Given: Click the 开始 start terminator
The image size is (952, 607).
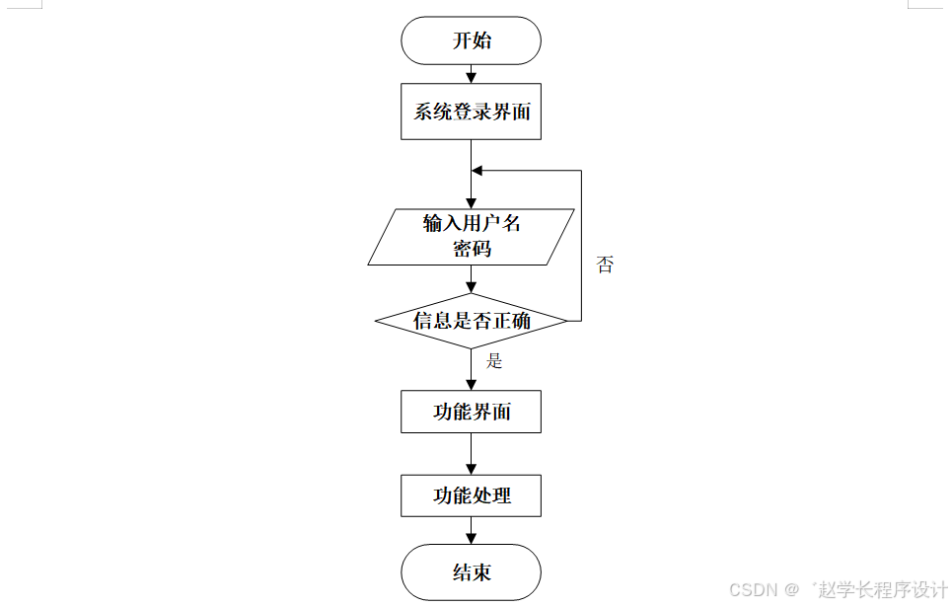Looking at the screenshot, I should (x=471, y=41).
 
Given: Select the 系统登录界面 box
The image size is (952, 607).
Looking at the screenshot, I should (x=471, y=112).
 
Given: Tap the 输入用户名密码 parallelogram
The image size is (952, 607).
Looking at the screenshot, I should (x=471, y=237).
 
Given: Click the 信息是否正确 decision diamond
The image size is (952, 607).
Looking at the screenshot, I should (x=471, y=321).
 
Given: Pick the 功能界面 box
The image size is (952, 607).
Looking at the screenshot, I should (x=471, y=412).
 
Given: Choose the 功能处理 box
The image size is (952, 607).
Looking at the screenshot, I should (x=471, y=495).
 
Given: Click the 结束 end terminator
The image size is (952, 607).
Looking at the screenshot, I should (x=471, y=572).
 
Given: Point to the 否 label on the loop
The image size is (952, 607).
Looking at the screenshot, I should (x=605, y=265).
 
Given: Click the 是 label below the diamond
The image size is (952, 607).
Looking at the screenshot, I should (x=494, y=361).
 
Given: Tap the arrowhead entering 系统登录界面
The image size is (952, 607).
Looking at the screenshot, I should (x=471, y=77).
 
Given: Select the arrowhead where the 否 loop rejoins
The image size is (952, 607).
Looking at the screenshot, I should (x=477, y=171).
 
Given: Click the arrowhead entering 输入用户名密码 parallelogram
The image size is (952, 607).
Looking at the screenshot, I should (x=471, y=202).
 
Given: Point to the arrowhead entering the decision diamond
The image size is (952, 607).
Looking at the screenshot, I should (x=471, y=287).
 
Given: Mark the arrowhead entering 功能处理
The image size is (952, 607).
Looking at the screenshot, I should (x=471, y=468).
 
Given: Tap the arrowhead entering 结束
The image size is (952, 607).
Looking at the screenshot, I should (x=471, y=538).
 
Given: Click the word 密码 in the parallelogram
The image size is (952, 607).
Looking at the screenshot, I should (x=472, y=249).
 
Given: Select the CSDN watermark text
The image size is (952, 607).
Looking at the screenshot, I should (x=753, y=589).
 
